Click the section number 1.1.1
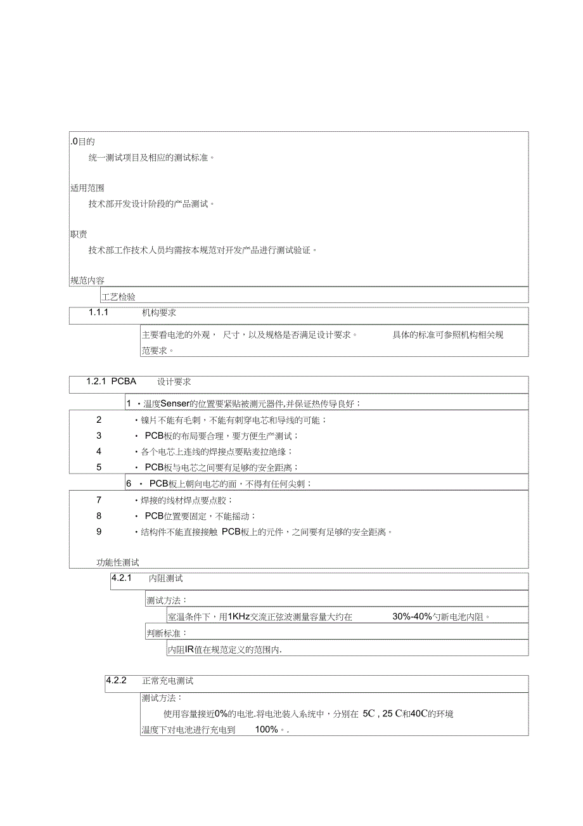pyautogui.click(x=99, y=313)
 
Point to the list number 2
pyautogui.click(x=99, y=420)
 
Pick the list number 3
pyautogui.click(x=99, y=436)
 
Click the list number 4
pyautogui.click(x=99, y=451)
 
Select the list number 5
pyautogui.click(x=99, y=467)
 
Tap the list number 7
pyautogui.click(x=99, y=500)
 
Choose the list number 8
pyautogui.click(x=99, y=516)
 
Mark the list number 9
pyautogui.click(x=99, y=532)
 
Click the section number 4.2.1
pyautogui.click(x=121, y=578)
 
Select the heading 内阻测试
pyautogui.click(x=165, y=578)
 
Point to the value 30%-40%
pyautogui.click(x=412, y=616)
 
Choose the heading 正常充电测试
pyautogui.click(x=168, y=681)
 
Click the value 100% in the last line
pyautogui.click(x=267, y=730)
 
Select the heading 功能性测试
pyautogui.click(x=117, y=562)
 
